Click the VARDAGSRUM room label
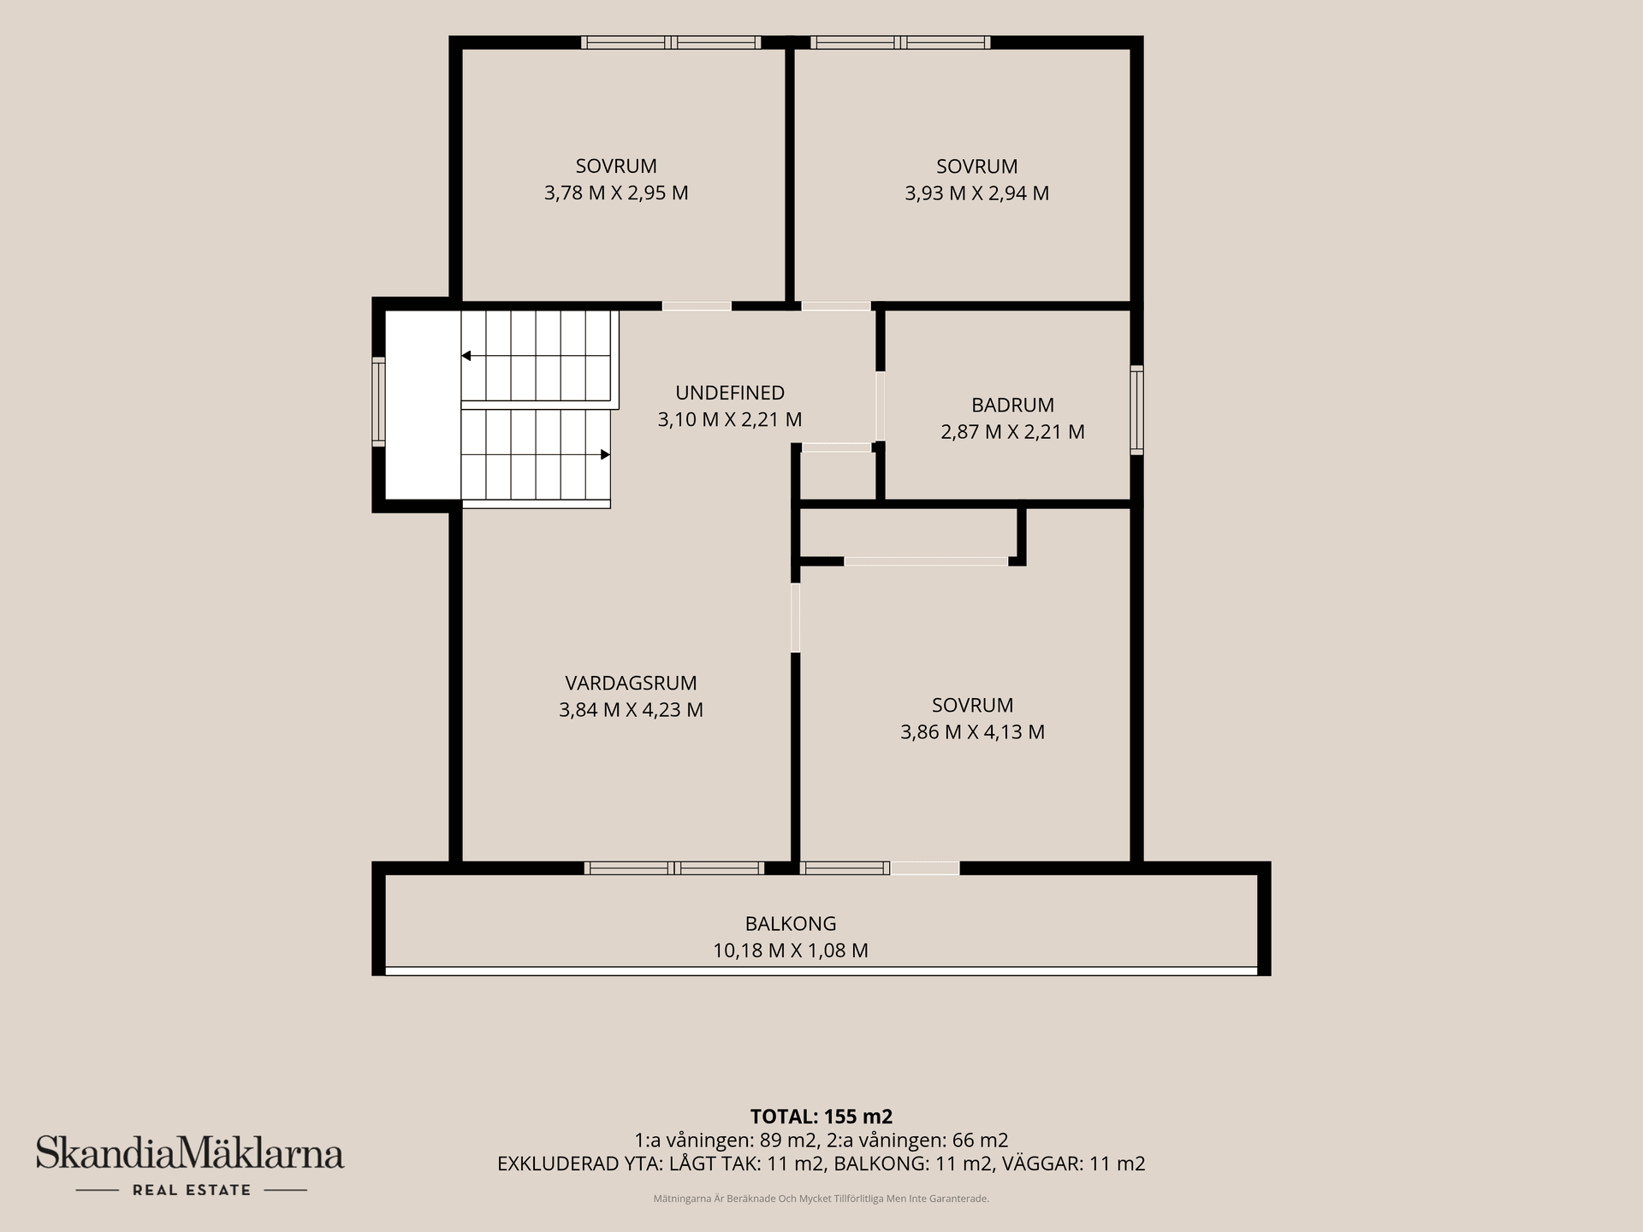tap(631, 683)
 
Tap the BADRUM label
tap(1012, 405)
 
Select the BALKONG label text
tap(791, 924)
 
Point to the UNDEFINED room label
tap(730, 393)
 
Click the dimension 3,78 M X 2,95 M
tap(616, 193)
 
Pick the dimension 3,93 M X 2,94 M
tap(977, 193)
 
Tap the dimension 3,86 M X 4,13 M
tap(973, 732)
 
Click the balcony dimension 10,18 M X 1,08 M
tap(791, 951)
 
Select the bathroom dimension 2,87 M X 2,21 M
tap(1012, 432)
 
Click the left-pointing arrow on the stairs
tap(466, 356)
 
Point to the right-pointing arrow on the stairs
tap(605, 454)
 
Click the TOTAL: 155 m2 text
tap(821, 1116)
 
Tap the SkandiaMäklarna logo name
tap(190, 1152)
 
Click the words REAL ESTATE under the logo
tap(192, 1190)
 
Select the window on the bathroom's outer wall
tap(1137, 410)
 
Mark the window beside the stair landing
tap(378, 401)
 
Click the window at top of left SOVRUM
tap(671, 42)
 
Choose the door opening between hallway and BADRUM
tap(881, 406)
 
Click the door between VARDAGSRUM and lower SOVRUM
tap(796, 618)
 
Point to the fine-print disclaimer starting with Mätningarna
tap(821, 1199)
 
